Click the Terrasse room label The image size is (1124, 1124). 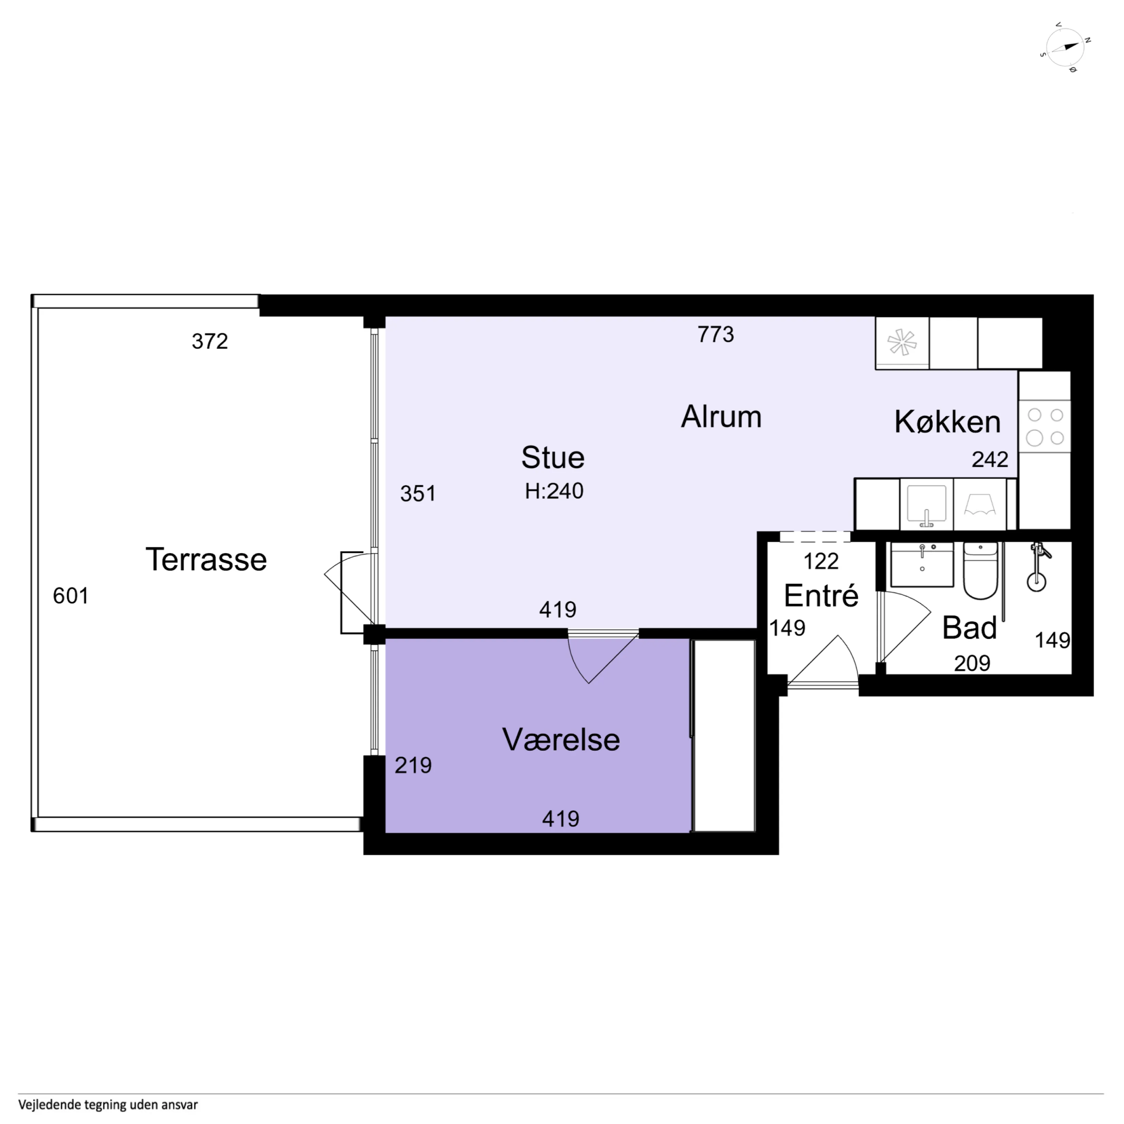pyautogui.click(x=206, y=560)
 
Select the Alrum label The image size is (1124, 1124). pyautogui.click(x=722, y=417)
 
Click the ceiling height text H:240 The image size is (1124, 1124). pyautogui.click(x=554, y=491)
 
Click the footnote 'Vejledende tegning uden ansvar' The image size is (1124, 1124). pyautogui.click(x=108, y=1104)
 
